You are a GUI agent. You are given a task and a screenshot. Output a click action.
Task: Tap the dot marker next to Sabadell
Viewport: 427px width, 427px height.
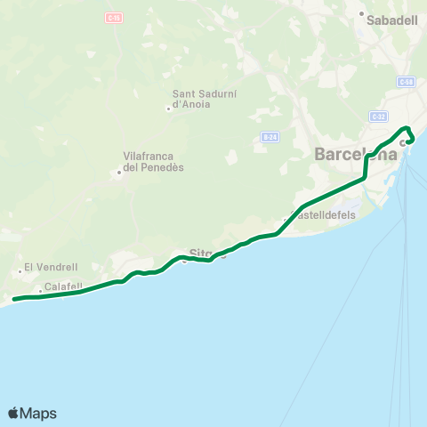click(x=362, y=14)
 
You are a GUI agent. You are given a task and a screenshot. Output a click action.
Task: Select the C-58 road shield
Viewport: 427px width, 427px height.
click(x=406, y=82)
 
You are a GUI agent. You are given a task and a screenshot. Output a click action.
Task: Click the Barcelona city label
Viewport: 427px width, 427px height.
click(x=355, y=155)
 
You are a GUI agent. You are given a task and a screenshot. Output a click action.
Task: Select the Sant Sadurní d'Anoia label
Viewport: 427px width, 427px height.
click(x=202, y=99)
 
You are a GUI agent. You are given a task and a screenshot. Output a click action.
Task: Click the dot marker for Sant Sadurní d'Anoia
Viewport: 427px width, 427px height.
click(x=168, y=109)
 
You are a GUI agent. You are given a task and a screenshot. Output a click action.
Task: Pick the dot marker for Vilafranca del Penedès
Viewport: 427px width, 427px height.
click(x=118, y=173)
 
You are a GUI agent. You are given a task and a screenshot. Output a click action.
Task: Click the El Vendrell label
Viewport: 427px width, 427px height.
click(x=52, y=266)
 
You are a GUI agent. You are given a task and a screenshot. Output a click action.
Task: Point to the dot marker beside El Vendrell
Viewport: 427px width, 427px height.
click(x=20, y=271)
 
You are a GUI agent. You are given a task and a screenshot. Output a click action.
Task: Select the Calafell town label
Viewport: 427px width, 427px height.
click(x=63, y=286)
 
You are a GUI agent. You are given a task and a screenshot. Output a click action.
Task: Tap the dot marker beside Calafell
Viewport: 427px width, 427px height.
click(x=40, y=291)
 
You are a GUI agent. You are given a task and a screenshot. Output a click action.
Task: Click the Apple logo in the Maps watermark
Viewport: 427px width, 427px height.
click(x=13, y=413)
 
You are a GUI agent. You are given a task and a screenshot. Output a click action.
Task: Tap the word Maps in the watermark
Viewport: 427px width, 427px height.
click(x=38, y=414)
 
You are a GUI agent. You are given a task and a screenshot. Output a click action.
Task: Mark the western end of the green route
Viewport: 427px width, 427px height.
click(x=14, y=299)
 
